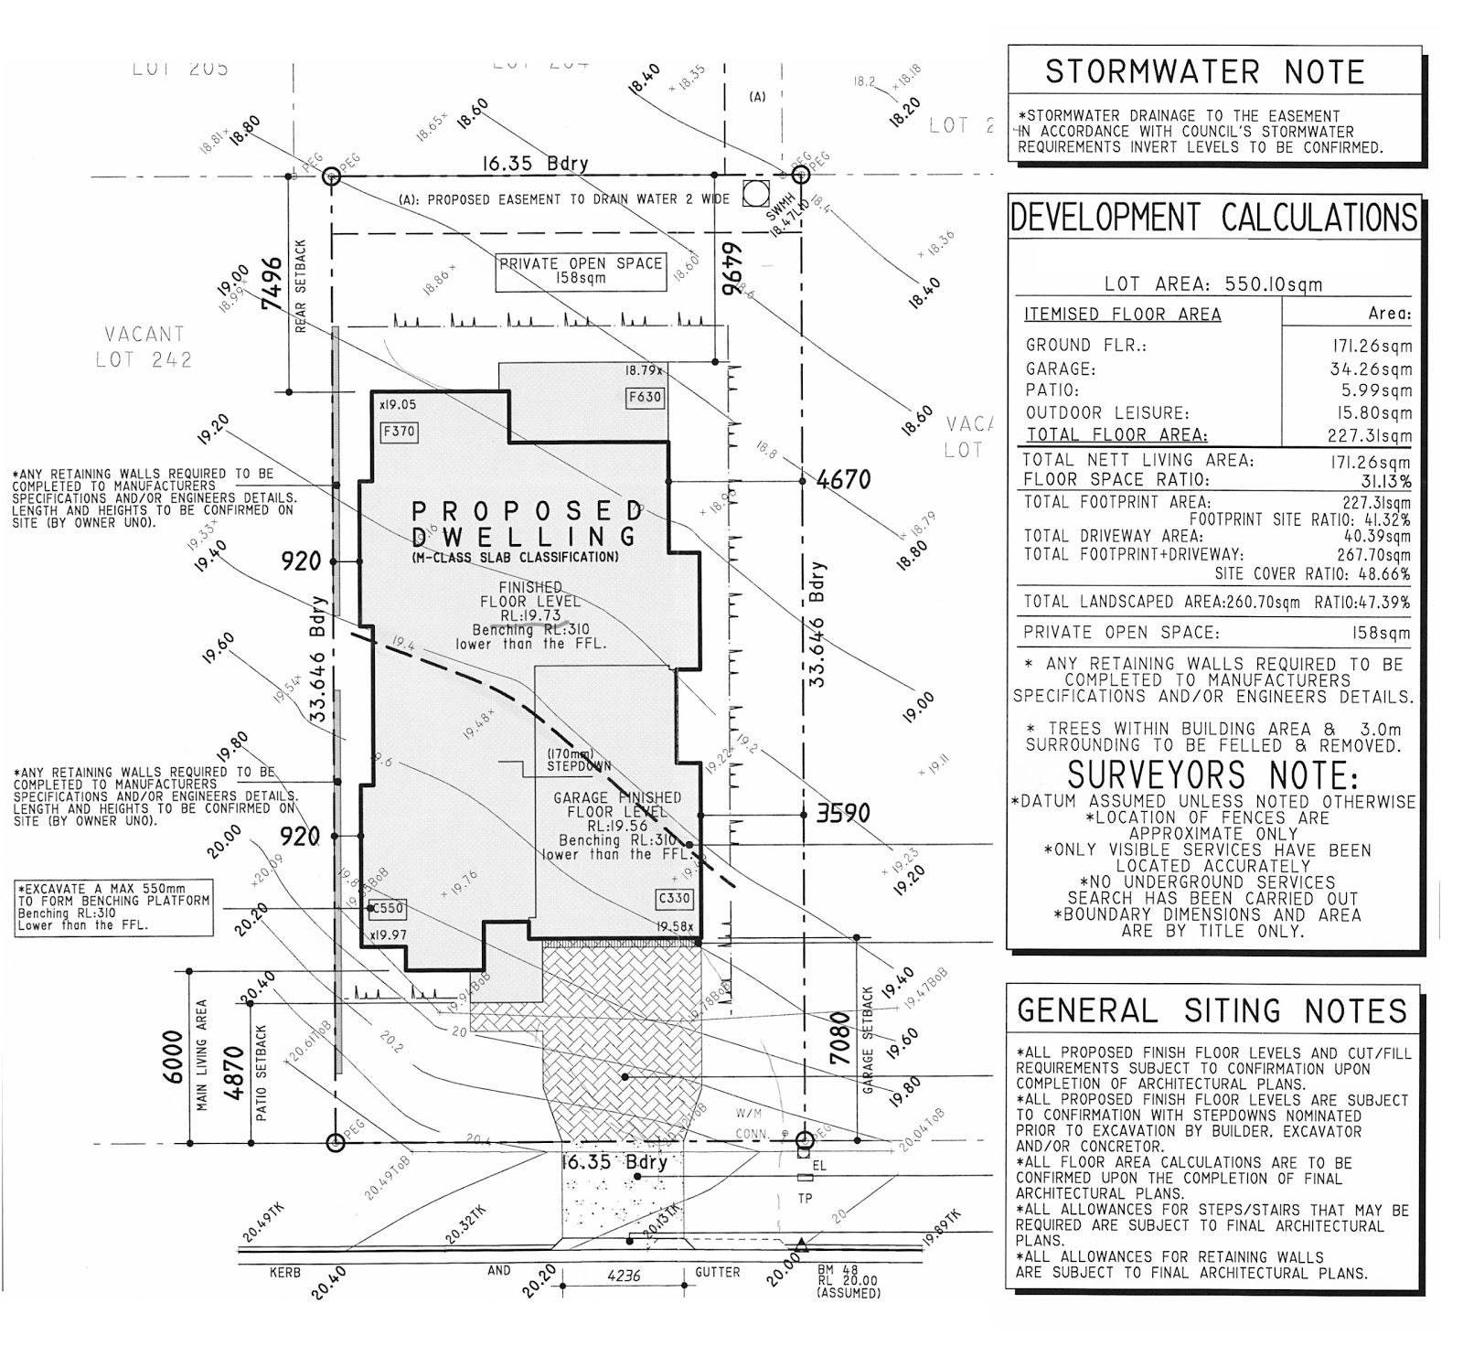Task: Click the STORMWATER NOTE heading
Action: (1204, 71)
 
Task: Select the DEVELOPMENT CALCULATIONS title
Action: (1213, 218)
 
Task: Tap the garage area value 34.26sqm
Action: (1370, 369)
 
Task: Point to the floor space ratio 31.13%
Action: (1384, 481)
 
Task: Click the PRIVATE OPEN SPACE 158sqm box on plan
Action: (580, 271)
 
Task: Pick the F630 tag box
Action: (645, 397)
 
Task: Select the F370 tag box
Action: (399, 431)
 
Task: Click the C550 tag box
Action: (387, 909)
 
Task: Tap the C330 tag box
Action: (674, 898)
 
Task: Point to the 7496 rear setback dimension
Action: (272, 283)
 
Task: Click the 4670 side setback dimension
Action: (843, 479)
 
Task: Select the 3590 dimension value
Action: (842, 813)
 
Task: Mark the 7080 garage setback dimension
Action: (839, 1037)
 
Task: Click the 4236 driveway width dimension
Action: (623, 1275)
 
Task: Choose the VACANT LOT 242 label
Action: (144, 347)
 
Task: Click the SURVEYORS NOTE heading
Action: (1212, 775)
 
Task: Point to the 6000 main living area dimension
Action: (172, 1056)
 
